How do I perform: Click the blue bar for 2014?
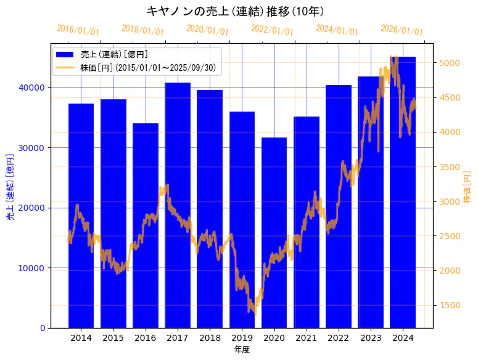pos(81,216)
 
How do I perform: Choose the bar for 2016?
pos(146,226)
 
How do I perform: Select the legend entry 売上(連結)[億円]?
pos(114,54)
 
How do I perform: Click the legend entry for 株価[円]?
pos(147,67)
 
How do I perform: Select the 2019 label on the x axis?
pos(242,338)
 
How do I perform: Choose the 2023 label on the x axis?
pos(371,338)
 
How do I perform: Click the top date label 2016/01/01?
pos(78,30)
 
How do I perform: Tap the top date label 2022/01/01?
pos(272,30)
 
